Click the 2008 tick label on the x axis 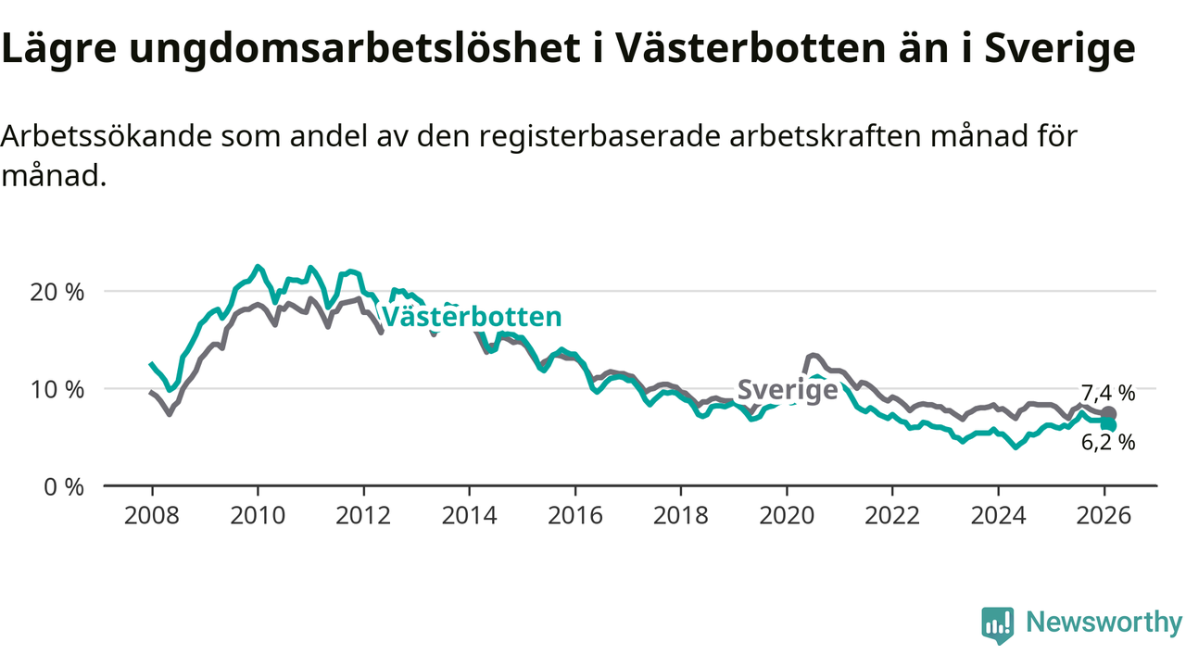[151, 515]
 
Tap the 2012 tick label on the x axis [363, 515]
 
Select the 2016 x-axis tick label [575, 515]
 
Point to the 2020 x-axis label [787, 515]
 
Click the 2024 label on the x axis [998, 515]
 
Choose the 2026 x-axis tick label [1104, 515]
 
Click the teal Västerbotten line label [472, 317]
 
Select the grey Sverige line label [788, 390]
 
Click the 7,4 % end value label [1108, 393]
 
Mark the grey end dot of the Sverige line [1109, 413]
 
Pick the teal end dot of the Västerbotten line [1109, 425]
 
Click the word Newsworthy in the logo [1104, 623]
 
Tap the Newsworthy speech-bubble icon [997, 625]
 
